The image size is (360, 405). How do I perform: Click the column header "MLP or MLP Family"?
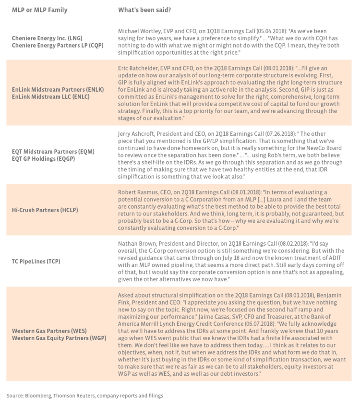pos(39,10)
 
